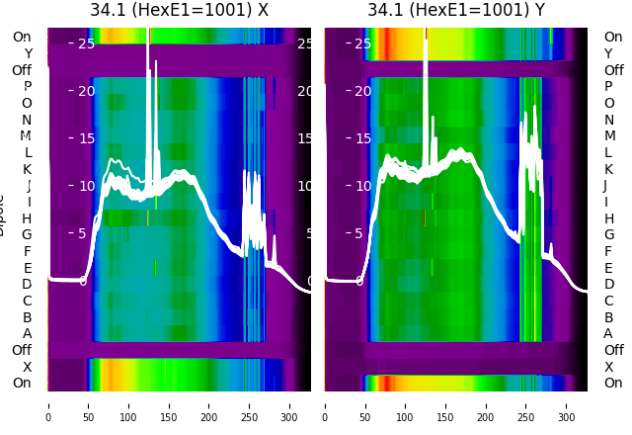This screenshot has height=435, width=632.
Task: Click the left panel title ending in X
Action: (179, 11)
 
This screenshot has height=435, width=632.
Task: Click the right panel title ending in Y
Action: (456, 11)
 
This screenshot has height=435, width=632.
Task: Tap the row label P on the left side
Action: (27, 87)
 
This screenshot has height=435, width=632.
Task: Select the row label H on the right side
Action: (608, 218)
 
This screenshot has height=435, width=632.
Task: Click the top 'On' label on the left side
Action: (22, 38)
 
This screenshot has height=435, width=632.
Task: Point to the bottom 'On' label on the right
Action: (613, 384)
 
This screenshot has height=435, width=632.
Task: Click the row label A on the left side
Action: (27, 334)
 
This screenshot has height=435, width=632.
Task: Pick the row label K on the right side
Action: (608, 169)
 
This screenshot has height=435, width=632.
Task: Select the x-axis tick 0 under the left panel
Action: (48, 404)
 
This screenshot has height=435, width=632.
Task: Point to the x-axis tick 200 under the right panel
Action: (486, 404)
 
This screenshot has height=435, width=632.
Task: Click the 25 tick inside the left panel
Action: (86, 43)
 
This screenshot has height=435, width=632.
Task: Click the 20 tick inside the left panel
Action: (86, 91)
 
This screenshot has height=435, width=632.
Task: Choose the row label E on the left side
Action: (27, 268)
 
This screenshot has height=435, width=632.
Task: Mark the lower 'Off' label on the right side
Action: (613, 350)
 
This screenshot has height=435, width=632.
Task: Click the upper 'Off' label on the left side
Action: (22, 70)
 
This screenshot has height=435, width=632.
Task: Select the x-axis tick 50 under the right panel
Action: (365, 404)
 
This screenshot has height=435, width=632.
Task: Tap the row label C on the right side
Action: (608, 301)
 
